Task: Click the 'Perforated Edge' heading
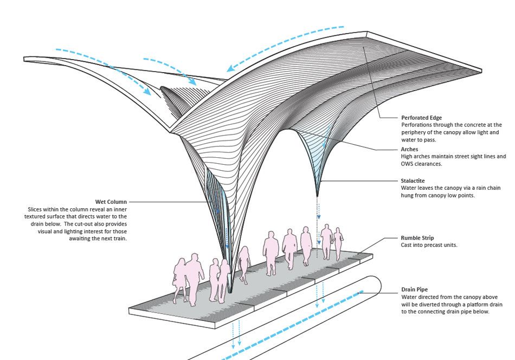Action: [x=421, y=117]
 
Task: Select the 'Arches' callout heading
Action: [x=410, y=149]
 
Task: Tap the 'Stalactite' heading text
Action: [x=413, y=181]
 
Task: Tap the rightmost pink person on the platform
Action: [x=339, y=242]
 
